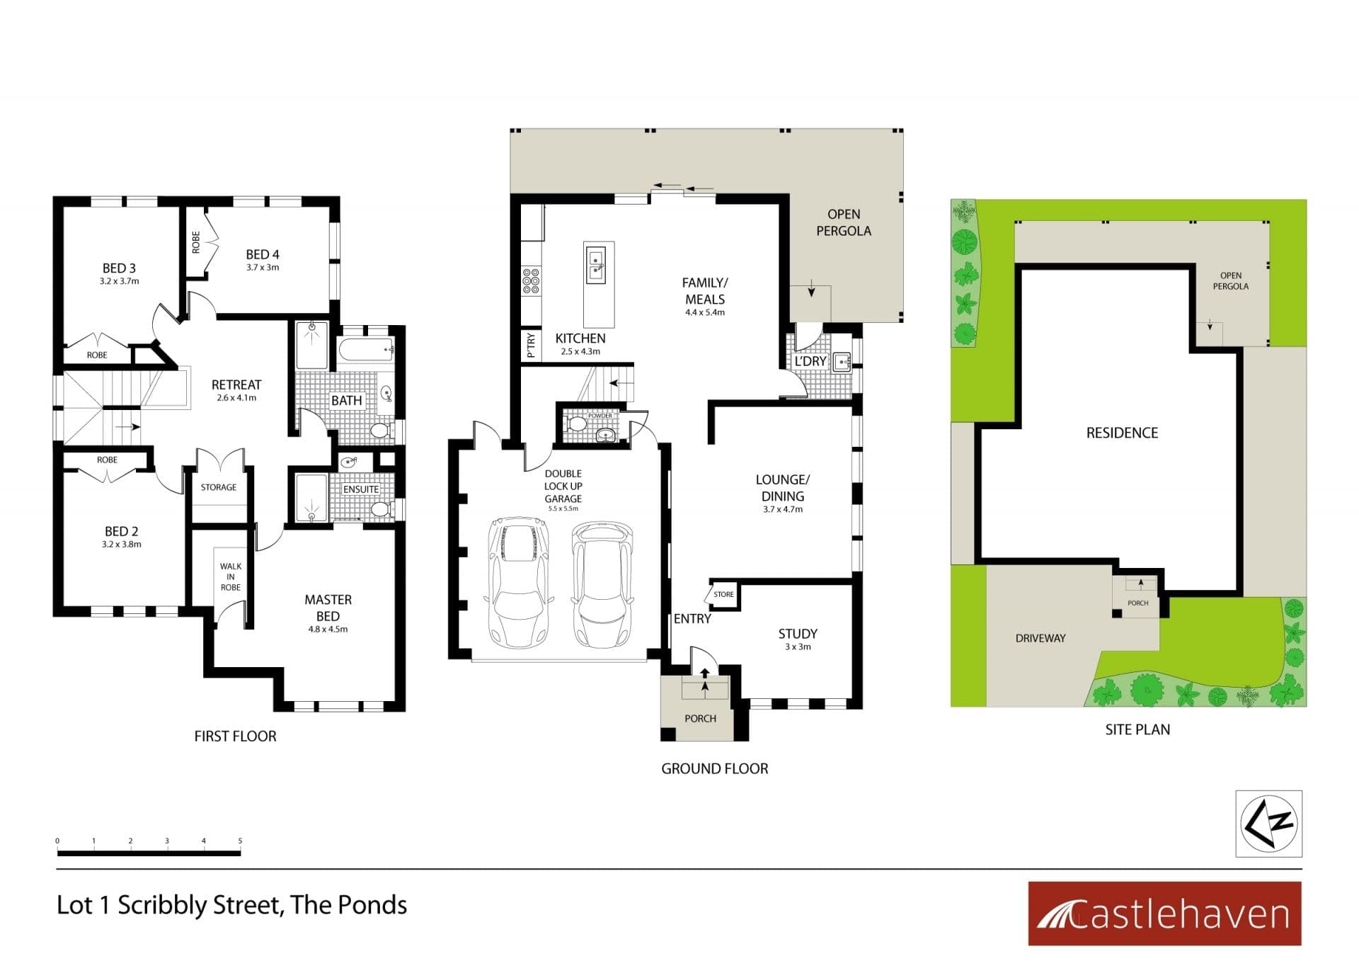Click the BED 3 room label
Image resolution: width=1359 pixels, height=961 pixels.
pyautogui.click(x=119, y=268)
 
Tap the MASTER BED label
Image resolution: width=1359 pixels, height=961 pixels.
pyautogui.click(x=328, y=608)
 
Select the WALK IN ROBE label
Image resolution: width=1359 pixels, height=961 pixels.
pyautogui.click(x=231, y=576)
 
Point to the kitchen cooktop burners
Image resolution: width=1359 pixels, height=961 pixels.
pyautogui.click(x=531, y=281)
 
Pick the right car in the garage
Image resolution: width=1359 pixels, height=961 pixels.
pyautogui.click(x=602, y=584)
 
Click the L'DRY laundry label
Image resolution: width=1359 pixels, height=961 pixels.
pyautogui.click(x=810, y=361)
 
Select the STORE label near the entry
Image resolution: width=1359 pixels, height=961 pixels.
pyautogui.click(x=723, y=594)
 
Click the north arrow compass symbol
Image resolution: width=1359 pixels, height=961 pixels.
pyautogui.click(x=1269, y=824)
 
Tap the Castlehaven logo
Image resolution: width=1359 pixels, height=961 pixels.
pyautogui.click(x=1164, y=914)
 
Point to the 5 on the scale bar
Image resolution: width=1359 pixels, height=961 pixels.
pyautogui.click(x=240, y=841)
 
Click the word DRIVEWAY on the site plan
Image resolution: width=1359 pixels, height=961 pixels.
pyautogui.click(x=1040, y=638)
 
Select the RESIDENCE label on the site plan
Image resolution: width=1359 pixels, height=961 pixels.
pyautogui.click(x=1122, y=433)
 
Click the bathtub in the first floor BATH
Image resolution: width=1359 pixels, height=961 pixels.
pyautogui.click(x=366, y=351)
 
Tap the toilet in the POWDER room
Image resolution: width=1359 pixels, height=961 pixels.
pyautogui.click(x=576, y=423)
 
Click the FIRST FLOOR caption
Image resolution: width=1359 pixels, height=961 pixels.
pyautogui.click(x=235, y=737)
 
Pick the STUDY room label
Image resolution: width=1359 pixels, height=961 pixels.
pyautogui.click(x=798, y=634)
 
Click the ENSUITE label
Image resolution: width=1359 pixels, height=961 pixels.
pyautogui.click(x=361, y=489)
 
